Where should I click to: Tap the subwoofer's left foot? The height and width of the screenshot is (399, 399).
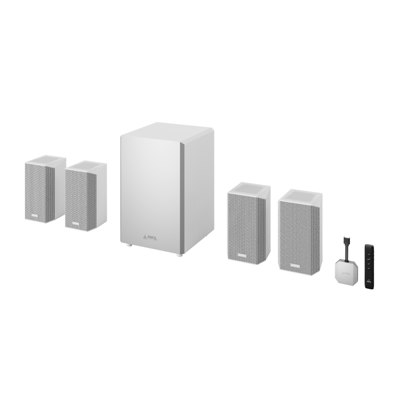(129, 245)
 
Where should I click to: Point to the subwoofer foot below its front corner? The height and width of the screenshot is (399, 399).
(178, 255)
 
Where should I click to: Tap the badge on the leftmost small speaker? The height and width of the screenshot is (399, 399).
(35, 216)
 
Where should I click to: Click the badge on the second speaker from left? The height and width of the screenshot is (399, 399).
(76, 223)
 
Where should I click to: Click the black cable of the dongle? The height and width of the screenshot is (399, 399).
(347, 251)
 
